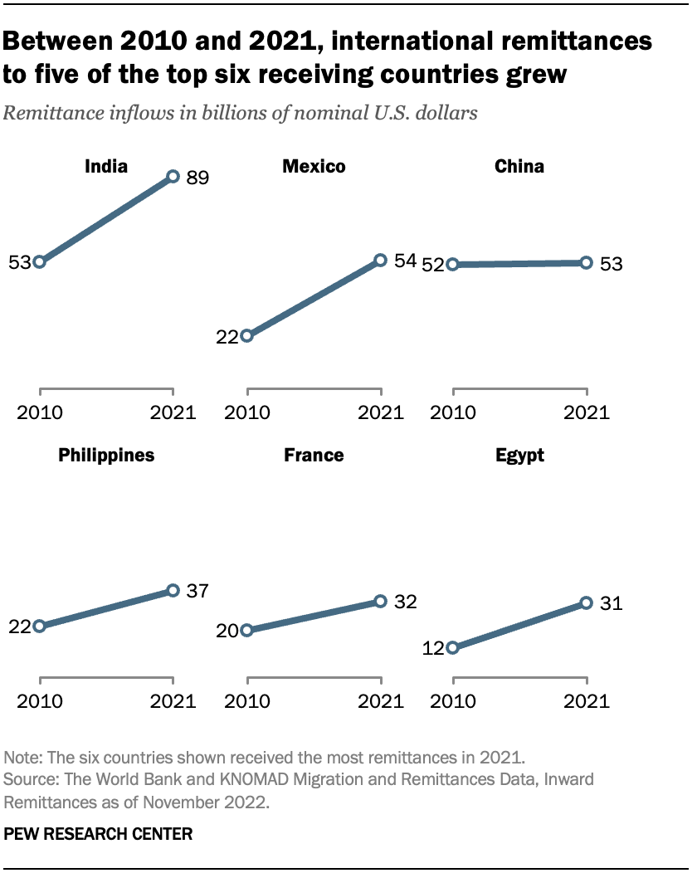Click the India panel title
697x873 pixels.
tap(106, 167)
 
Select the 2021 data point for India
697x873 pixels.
tap(173, 176)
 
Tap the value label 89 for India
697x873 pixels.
tap(197, 177)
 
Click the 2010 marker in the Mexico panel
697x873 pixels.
tap(246, 336)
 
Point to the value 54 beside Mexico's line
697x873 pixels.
tap(404, 261)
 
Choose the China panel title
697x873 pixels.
tap(519, 167)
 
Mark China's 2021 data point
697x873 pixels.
tap(586, 262)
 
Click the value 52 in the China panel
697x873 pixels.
tap(433, 265)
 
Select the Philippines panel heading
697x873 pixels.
tap(106, 455)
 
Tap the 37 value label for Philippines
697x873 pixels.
tap(197, 591)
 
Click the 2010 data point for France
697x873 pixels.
tap(246, 631)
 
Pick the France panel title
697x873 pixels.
tap(314, 455)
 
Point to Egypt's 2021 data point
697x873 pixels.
tap(586, 603)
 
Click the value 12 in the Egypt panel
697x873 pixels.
tap(433, 648)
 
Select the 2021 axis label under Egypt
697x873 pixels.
tap(586, 701)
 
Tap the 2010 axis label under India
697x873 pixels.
tap(40, 412)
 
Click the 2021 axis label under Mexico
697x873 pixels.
tap(380, 412)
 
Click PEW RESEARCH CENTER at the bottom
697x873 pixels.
tap(99, 835)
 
